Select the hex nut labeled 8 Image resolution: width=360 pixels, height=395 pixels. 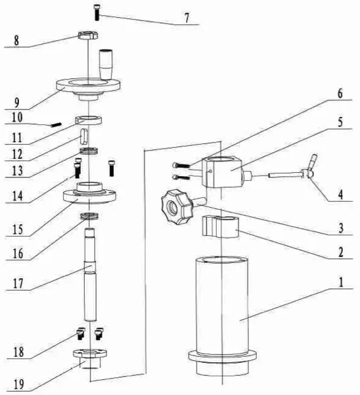click(87, 34)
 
